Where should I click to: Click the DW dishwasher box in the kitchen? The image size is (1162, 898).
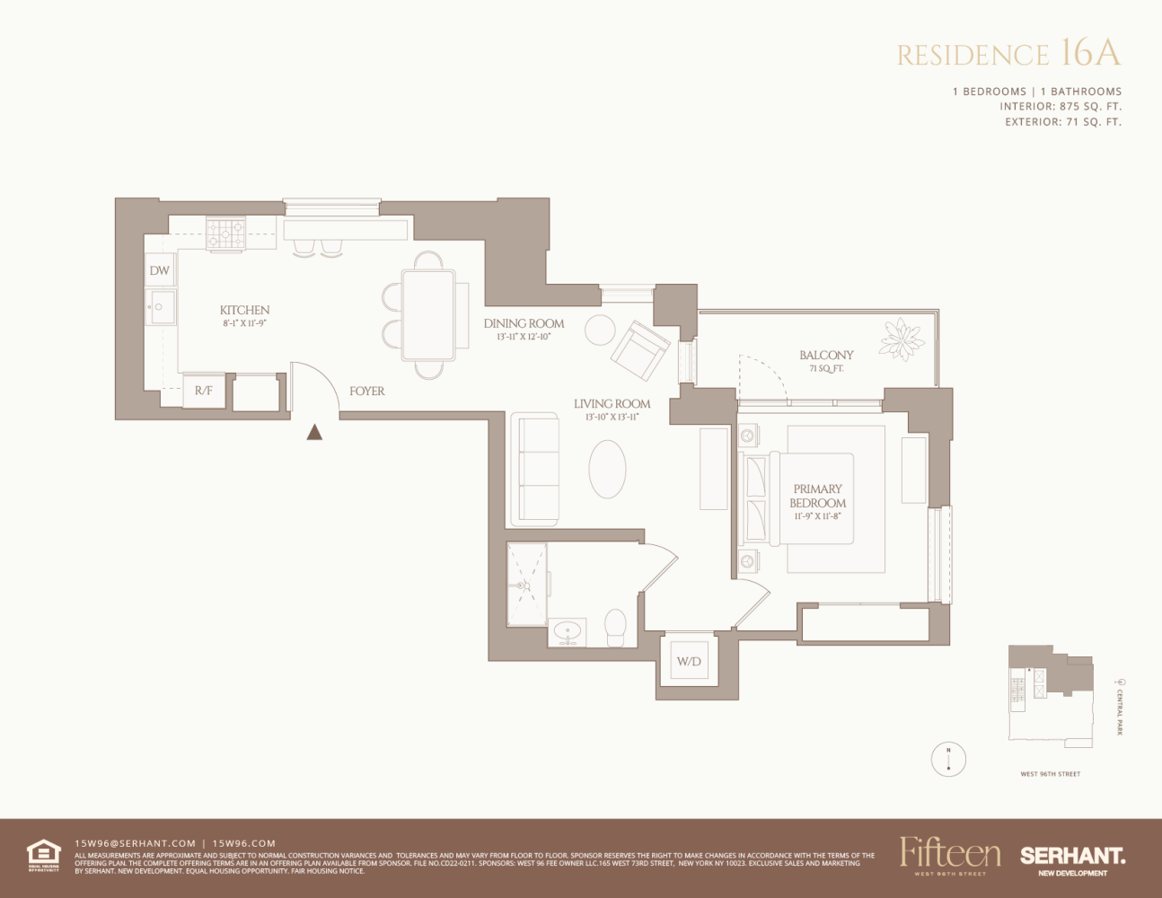point(160,270)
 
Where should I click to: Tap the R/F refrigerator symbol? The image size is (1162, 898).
point(204,391)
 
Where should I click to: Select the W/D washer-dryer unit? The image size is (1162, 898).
point(689,662)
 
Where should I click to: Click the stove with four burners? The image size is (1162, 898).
point(226,233)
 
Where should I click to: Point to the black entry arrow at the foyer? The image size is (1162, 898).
point(314,432)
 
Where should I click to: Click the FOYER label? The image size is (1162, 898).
point(366,392)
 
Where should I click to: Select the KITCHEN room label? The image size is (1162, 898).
point(244,310)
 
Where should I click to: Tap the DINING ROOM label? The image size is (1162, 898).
point(524,323)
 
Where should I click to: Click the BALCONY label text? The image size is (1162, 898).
point(826,356)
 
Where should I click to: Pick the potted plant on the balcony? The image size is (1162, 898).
point(902,339)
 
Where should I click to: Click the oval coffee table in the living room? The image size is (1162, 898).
point(607,469)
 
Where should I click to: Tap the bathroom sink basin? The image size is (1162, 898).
point(567,631)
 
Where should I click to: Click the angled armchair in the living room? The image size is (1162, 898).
point(640,349)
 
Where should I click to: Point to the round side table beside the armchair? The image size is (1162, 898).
point(600,330)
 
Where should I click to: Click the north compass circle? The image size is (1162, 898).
point(948,760)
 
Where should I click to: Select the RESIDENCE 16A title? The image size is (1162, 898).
point(1009,54)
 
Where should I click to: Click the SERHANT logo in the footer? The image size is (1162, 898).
point(1072,857)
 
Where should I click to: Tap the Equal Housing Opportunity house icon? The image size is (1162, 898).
point(43,853)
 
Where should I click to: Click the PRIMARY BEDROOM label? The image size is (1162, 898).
point(817,497)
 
